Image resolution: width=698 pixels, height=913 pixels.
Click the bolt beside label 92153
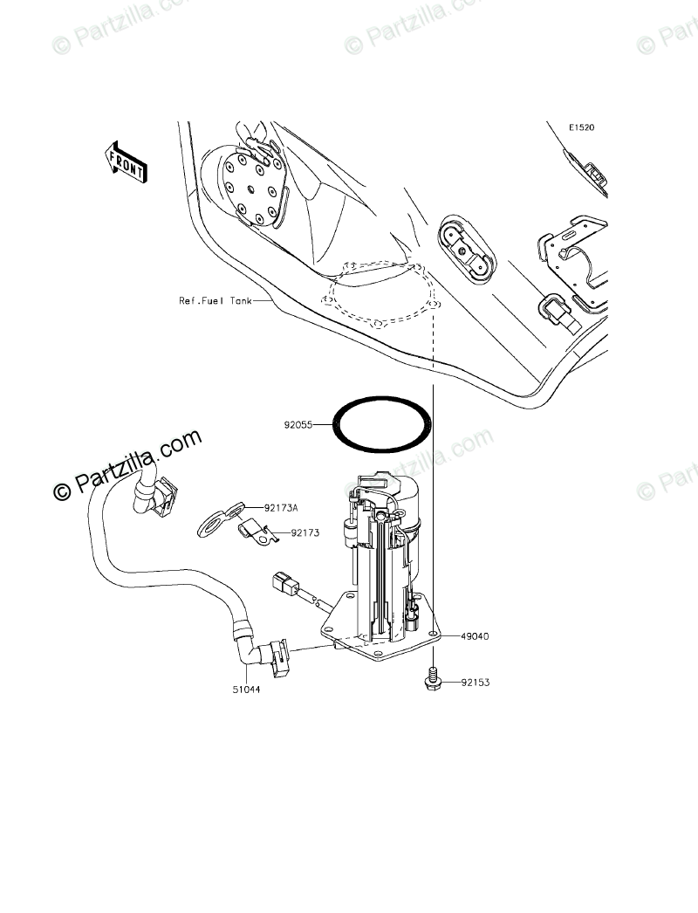[431, 677]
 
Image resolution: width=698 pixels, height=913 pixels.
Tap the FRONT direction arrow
[125, 161]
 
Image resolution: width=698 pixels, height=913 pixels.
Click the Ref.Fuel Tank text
[215, 300]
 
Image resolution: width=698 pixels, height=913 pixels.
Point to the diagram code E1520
[581, 127]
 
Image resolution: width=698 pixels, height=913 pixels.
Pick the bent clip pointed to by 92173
[257, 531]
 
